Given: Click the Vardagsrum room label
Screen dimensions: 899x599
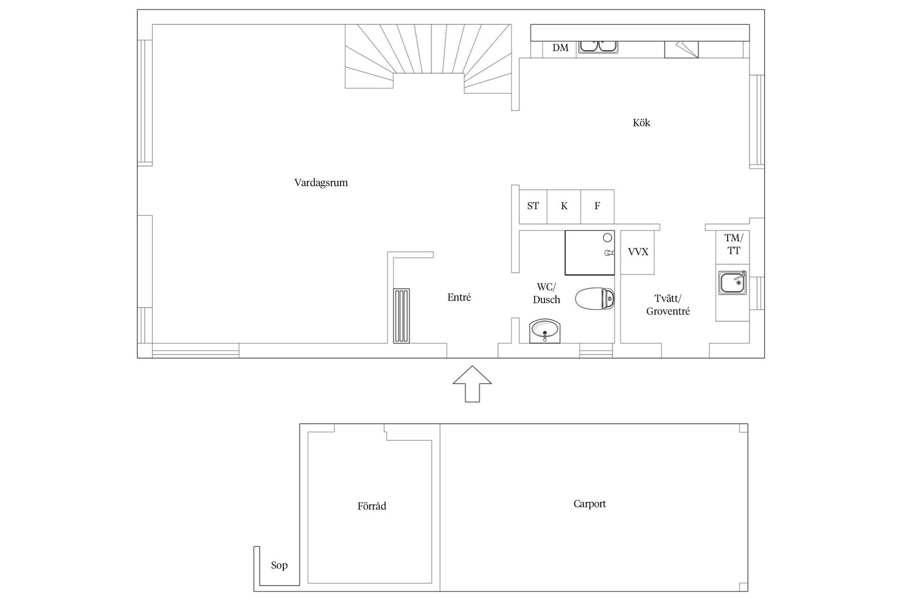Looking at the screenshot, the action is [321, 183].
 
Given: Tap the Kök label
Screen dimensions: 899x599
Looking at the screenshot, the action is [641, 123].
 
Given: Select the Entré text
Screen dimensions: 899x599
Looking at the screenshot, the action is [459, 297].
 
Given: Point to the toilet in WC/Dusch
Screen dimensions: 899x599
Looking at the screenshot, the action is [595, 299].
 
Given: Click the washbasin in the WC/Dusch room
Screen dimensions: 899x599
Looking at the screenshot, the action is [545, 331].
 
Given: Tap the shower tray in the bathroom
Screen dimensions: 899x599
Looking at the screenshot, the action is [590, 252].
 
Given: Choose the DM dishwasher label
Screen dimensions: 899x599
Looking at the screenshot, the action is [560, 48].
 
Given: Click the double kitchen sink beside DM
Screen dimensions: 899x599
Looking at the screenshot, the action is [598, 46].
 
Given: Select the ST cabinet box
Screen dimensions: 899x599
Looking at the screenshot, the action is [533, 206].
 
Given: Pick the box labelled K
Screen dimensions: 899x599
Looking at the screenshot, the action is [564, 206].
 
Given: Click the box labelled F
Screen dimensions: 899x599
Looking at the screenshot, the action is [597, 206].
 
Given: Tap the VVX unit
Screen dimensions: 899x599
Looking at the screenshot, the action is [638, 252].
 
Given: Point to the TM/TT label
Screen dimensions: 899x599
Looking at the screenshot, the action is [734, 245].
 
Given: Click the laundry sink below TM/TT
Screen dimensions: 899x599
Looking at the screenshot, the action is [733, 283].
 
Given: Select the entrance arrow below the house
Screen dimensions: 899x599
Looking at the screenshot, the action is [472, 384].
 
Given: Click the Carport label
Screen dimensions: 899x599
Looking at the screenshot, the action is [590, 504].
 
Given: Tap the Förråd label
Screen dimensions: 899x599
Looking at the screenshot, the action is [372, 506].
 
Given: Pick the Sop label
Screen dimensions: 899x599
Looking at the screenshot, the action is [279, 565].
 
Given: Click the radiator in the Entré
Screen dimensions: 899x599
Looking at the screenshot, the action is [401, 316].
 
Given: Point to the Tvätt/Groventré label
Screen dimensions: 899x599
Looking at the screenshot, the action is [668, 305].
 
